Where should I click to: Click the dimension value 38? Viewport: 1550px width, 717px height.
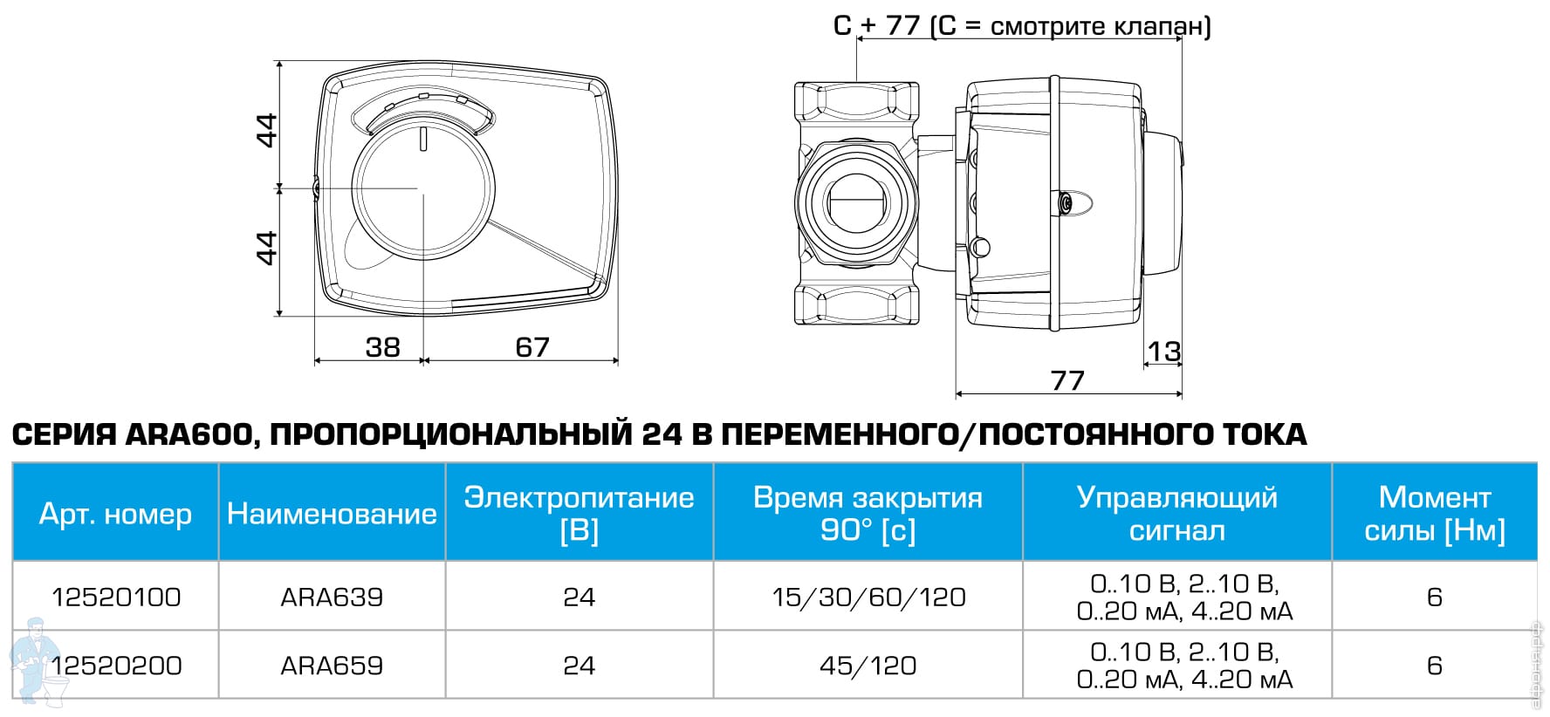point(382,347)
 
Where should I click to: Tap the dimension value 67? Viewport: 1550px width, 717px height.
point(532,347)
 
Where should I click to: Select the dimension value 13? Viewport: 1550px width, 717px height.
point(1163,352)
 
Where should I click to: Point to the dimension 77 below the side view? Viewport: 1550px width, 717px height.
point(1067,380)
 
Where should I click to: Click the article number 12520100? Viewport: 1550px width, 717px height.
point(116,597)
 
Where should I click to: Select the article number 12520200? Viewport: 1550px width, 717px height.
point(116,666)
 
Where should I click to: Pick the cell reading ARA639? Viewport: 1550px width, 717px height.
point(332,597)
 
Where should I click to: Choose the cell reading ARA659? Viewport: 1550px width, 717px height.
point(332,666)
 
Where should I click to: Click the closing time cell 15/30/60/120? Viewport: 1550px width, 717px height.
point(868,597)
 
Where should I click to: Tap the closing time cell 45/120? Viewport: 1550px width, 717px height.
point(868,666)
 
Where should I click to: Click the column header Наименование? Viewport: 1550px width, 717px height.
point(332,514)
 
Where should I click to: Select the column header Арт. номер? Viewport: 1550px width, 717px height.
point(115,514)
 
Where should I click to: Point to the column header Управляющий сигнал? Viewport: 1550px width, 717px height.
point(1177,514)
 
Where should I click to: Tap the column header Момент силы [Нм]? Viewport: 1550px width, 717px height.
point(1435,514)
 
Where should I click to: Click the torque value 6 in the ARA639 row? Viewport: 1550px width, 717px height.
point(1435,597)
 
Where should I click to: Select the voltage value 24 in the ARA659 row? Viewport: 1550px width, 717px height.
point(580,666)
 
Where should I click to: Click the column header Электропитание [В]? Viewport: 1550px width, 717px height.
point(580,514)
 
